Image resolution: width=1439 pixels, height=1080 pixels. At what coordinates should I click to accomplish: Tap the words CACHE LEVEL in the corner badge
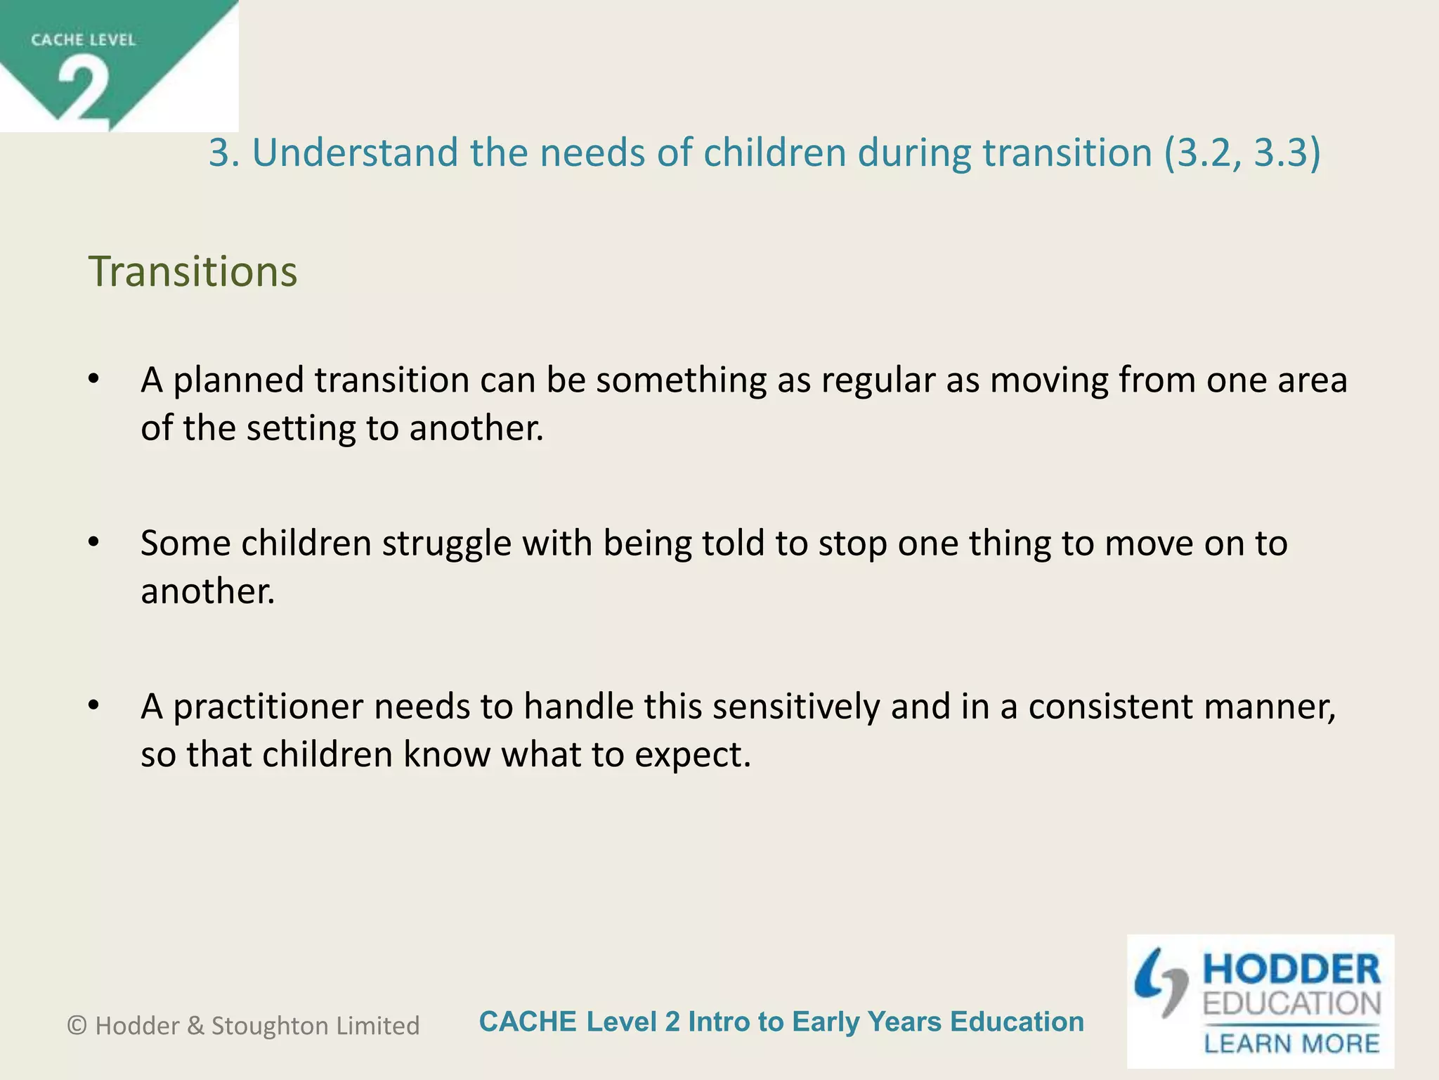pos(83,40)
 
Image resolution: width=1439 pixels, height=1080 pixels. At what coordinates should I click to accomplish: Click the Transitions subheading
pos(193,271)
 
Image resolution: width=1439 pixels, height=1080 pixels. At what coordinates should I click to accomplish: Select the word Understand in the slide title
pos(355,153)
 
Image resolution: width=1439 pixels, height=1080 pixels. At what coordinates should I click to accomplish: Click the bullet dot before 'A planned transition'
pos(94,380)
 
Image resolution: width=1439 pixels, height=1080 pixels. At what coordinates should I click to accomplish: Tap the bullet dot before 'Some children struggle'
pos(94,543)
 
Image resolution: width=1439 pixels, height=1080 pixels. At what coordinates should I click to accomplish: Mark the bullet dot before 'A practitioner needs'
pos(94,706)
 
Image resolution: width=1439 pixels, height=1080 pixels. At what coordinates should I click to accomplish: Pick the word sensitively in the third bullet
pos(795,707)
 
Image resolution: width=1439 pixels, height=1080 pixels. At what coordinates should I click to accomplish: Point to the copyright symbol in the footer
pos(77,1026)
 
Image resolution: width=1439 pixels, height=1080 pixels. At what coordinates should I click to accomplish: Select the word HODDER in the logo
pos(1291,970)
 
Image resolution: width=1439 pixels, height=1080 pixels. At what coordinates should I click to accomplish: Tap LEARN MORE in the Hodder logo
pos(1291,1043)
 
